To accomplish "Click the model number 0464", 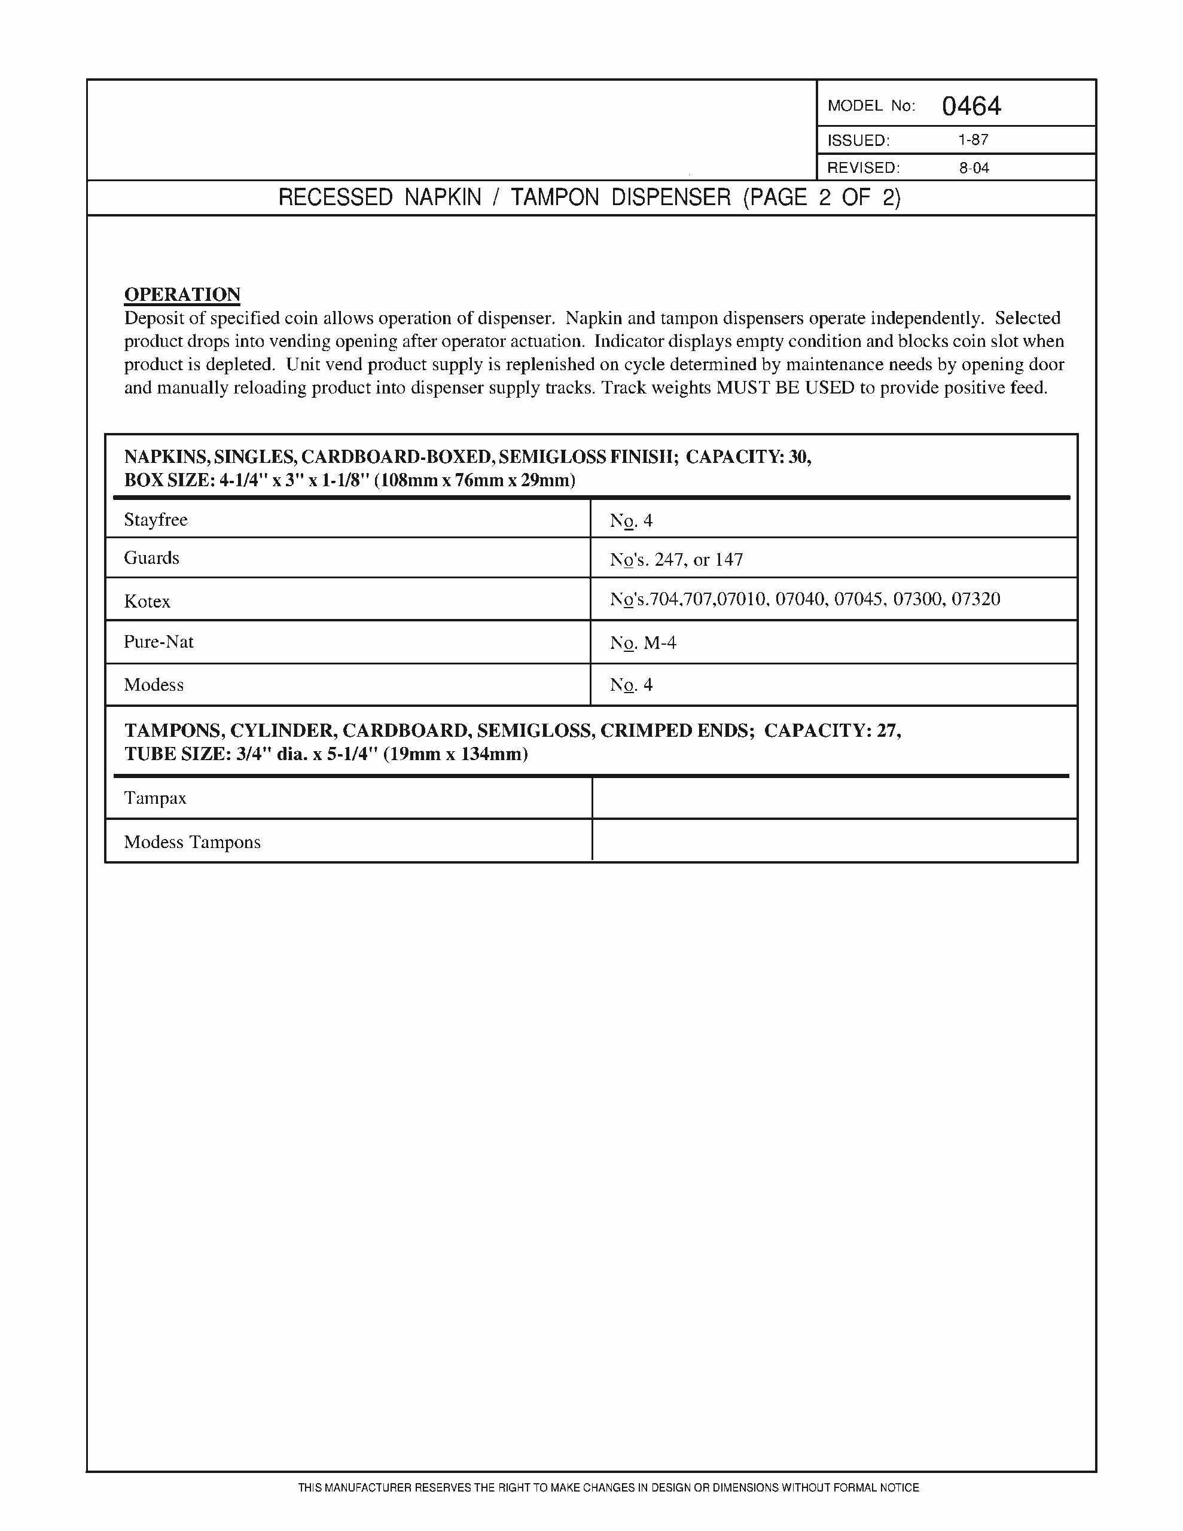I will (971, 106).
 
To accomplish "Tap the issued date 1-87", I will (973, 139).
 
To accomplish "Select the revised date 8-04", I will (974, 167).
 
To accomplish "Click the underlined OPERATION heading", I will (182, 294).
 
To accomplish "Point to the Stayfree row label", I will (156, 520).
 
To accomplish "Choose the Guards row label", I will (151, 558).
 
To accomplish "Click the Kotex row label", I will (147, 602).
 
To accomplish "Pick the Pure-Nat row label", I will (158, 642).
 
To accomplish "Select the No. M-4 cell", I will (643, 643).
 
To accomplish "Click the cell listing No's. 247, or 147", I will (676, 559).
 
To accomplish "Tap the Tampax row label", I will (155, 798).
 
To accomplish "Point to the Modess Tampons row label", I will (192, 842).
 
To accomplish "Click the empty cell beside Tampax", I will (834, 798).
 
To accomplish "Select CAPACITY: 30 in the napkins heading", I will (748, 457).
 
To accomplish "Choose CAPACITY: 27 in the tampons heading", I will (832, 730).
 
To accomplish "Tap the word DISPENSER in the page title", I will (670, 198).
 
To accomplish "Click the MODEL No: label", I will (871, 106).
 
